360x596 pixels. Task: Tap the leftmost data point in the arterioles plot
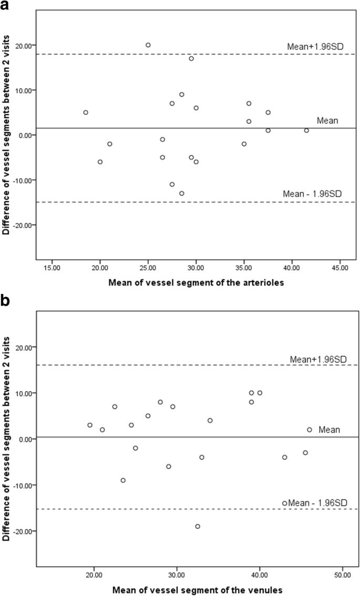pos(86,112)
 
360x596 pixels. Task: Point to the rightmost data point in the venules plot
pos(310,430)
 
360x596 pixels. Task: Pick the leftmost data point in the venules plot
pos(90,425)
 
